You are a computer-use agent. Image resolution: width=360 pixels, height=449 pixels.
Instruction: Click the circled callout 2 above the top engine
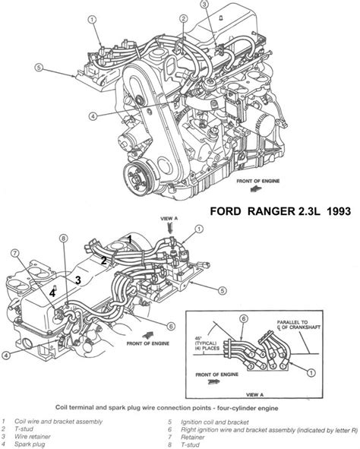(184, 19)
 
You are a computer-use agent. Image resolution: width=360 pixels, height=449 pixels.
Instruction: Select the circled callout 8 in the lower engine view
(64, 238)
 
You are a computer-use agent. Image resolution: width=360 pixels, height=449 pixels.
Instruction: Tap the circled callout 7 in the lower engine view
(15, 253)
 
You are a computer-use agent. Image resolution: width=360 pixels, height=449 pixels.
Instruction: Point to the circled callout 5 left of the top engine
(39, 68)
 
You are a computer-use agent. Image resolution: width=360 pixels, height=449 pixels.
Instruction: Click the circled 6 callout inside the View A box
(244, 319)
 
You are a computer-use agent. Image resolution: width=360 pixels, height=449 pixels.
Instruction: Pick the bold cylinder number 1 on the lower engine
(130, 239)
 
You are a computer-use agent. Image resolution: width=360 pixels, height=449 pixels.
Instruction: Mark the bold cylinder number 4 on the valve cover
(52, 293)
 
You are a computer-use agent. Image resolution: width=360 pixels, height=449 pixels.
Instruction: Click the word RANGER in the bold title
(270, 211)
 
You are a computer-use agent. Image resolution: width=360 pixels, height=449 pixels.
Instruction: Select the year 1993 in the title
(338, 211)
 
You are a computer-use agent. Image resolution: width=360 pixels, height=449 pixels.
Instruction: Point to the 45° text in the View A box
(198, 338)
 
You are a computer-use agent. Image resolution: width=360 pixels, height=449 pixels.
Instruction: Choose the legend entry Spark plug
(30, 444)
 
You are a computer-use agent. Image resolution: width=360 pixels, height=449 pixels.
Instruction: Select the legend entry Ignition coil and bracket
(215, 422)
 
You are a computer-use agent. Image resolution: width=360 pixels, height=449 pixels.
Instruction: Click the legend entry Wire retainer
(33, 437)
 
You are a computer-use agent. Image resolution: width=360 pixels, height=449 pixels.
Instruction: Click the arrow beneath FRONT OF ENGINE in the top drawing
(256, 189)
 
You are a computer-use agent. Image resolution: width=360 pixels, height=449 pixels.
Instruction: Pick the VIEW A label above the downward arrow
(169, 219)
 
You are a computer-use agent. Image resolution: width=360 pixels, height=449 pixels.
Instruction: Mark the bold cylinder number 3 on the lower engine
(78, 280)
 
